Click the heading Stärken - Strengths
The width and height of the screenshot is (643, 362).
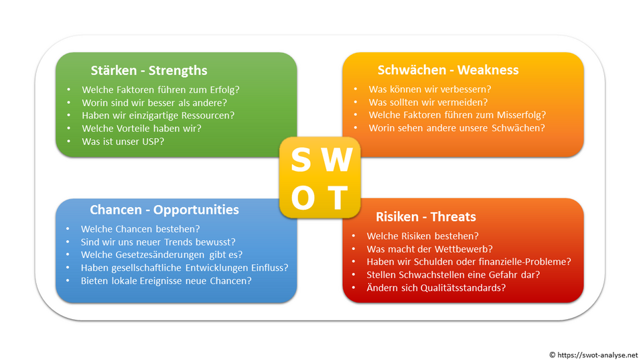(x=149, y=70)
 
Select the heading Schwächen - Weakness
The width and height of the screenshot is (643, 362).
(x=447, y=70)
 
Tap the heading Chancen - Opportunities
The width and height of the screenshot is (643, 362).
(x=164, y=210)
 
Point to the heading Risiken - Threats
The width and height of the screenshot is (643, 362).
(x=426, y=217)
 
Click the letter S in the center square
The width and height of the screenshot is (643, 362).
(x=301, y=161)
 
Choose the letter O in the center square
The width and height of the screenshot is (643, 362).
(x=303, y=198)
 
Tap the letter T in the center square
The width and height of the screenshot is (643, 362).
(x=338, y=198)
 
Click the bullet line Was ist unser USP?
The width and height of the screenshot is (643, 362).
(x=123, y=141)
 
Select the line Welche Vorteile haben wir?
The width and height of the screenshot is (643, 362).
(x=141, y=128)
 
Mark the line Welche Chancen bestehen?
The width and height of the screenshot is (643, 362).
(x=140, y=229)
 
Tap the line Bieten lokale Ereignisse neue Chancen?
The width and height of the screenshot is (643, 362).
(x=166, y=280)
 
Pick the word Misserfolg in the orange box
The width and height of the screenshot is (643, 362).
(x=520, y=115)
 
